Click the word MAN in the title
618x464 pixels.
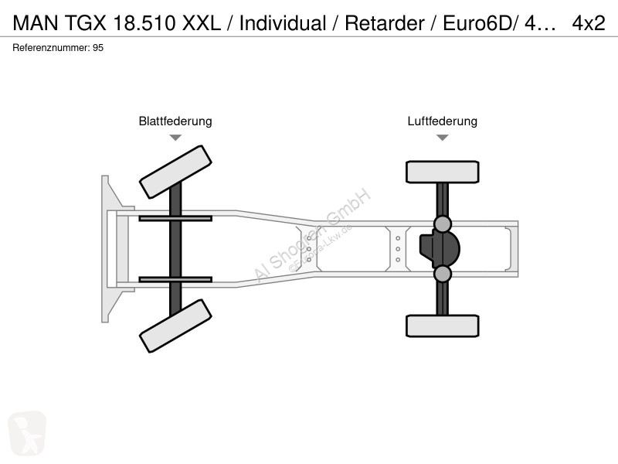point(36,23)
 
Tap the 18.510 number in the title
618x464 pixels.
point(144,23)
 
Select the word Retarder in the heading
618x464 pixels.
point(384,23)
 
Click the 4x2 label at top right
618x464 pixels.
point(589,23)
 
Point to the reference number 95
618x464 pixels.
point(98,48)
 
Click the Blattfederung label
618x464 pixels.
point(175,121)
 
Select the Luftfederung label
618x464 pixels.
point(442,121)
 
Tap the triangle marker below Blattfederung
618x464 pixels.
point(175,138)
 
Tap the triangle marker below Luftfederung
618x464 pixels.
point(443,138)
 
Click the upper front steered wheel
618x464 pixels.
point(175,172)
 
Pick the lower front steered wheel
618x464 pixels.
point(175,326)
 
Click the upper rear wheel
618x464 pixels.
point(443,172)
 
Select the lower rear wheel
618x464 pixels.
point(443,326)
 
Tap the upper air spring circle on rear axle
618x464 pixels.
point(442,224)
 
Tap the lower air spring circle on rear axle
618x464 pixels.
point(442,274)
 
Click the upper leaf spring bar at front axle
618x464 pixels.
point(175,218)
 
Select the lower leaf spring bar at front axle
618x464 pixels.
point(175,279)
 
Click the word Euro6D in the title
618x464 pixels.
point(477,23)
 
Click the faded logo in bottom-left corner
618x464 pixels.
point(27,433)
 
